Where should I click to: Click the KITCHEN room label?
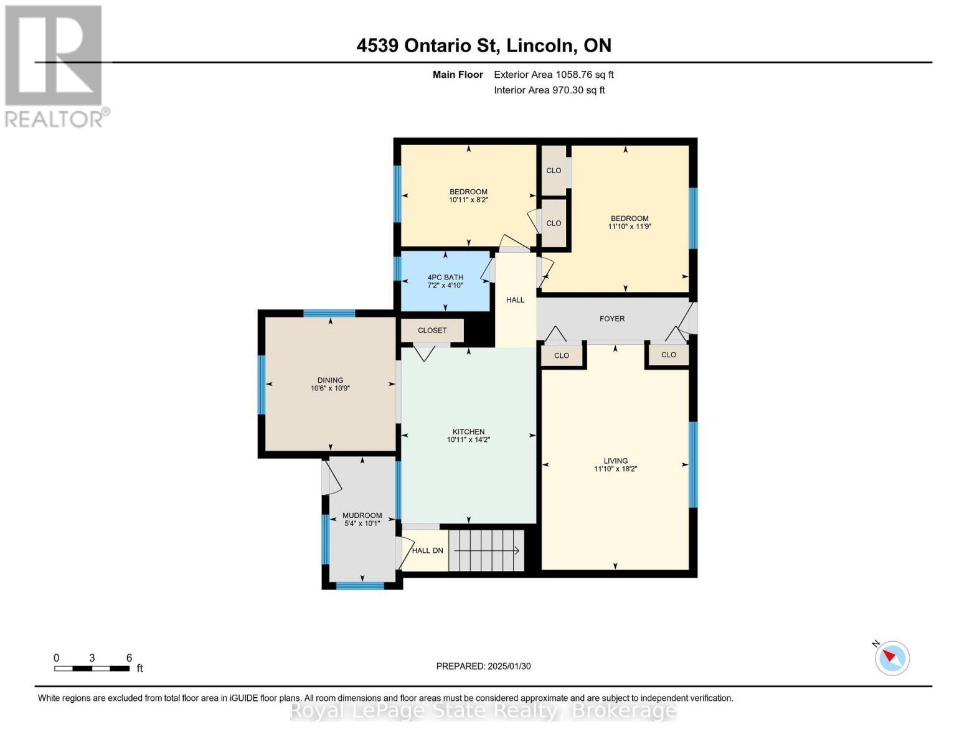468,431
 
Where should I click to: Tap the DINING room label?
330,380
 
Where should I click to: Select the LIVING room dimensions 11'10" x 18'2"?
615,469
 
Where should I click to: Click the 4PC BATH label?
445,278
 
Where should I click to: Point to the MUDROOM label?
362,515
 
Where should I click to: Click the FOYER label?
612,319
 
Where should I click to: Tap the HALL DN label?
428,550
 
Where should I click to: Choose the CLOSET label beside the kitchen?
432,331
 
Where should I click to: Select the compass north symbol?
892,657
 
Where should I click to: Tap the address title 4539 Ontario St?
484,45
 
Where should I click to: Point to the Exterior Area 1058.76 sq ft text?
554,75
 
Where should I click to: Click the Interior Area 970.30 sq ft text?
549,90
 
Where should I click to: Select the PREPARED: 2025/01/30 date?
483,666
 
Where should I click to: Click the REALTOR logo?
55,65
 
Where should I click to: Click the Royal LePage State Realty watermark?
483,710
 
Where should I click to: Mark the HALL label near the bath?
515,300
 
